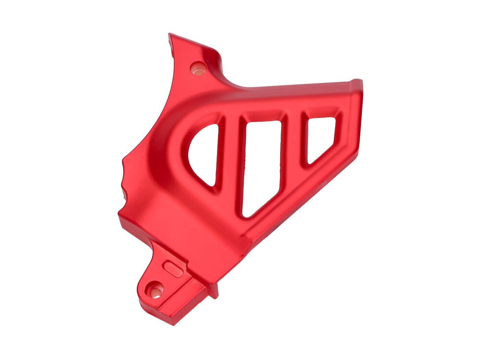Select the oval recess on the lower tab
173,268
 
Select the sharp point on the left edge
123,160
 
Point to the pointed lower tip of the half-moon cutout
213,185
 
